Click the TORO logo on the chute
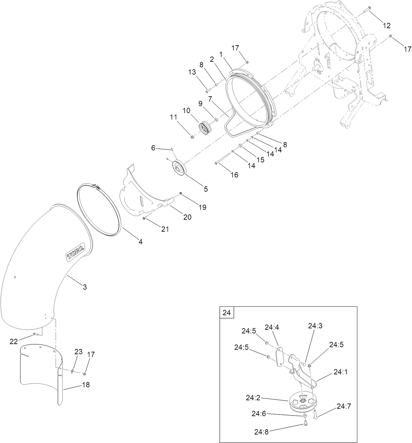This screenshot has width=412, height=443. tap(76, 253)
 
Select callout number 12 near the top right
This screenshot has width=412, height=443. tap(386, 26)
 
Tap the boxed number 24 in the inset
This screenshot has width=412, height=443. tap(227, 313)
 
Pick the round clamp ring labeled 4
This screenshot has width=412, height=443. tap(100, 210)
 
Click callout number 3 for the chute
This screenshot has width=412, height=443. tap(84, 287)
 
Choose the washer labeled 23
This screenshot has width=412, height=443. tap(72, 371)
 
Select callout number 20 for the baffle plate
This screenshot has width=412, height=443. tap(187, 217)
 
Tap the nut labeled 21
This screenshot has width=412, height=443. tap(144, 218)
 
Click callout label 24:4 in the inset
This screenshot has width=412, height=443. tap(272, 327)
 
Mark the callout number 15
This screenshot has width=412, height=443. tap(260, 160)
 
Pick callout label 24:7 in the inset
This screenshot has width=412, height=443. tap(344, 406)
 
